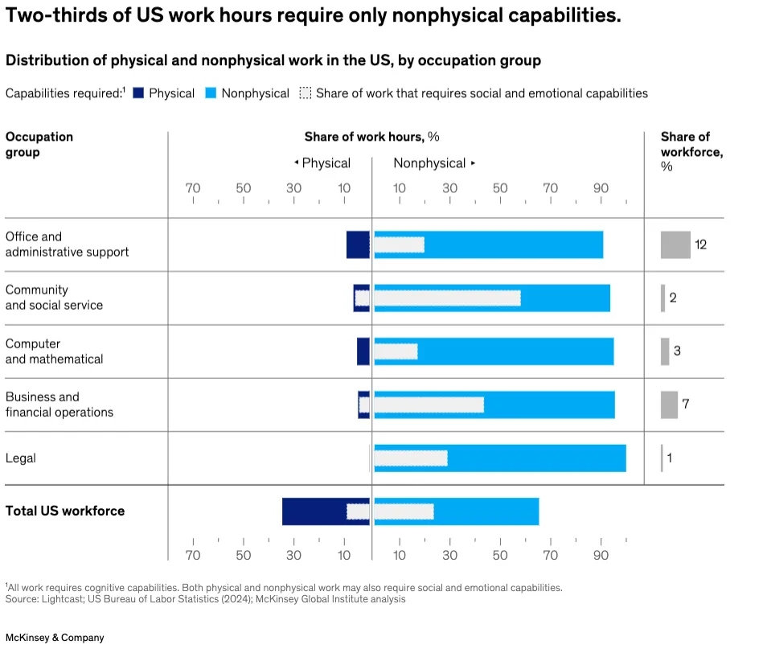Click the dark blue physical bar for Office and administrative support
point(358,244)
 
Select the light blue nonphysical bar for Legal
point(536,458)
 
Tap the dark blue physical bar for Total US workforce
point(314,511)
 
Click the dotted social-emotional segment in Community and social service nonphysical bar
point(447,298)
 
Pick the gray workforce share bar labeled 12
point(675,244)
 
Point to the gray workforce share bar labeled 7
point(669,405)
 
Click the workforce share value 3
point(677,351)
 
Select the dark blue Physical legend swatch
point(138,93)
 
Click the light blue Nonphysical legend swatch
point(211,93)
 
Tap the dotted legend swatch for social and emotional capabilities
point(305,93)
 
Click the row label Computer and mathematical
point(55,351)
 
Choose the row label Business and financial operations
point(59,405)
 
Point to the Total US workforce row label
point(65,511)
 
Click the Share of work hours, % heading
point(371,137)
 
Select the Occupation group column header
point(39,145)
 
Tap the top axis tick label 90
point(601,188)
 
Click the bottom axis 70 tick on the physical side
point(193,555)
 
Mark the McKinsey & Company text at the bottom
point(55,638)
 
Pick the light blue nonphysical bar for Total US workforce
point(486,511)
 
